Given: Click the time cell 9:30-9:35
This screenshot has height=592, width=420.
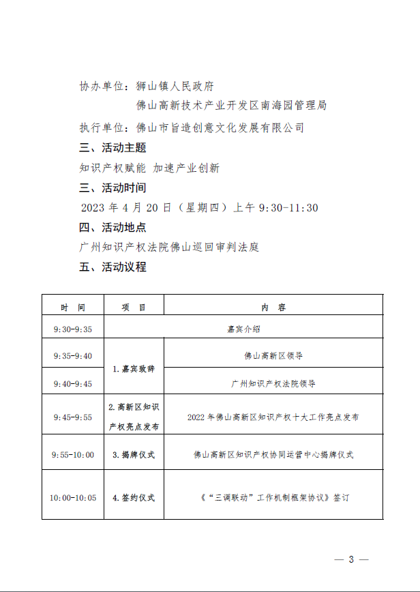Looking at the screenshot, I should [x=72, y=329].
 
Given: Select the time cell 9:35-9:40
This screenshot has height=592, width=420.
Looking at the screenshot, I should [x=72, y=355].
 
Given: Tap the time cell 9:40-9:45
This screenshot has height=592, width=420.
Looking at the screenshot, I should [x=72, y=383].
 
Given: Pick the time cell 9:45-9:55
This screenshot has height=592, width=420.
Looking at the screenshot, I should [x=72, y=417].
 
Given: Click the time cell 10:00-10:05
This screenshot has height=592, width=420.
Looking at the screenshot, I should [x=72, y=497].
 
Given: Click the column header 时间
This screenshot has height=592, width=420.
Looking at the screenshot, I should [x=72, y=307].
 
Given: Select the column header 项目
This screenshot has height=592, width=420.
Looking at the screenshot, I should [x=134, y=307].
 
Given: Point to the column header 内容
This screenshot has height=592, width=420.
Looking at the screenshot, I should [x=273, y=307].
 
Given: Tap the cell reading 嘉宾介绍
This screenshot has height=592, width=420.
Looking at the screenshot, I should [x=243, y=329].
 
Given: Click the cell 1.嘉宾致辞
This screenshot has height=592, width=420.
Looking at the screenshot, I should [x=134, y=369].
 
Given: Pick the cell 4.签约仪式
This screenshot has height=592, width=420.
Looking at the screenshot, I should [x=134, y=497].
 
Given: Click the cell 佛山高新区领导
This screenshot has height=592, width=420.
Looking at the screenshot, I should [x=273, y=355].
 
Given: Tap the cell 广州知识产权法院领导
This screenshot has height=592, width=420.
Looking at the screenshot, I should [x=273, y=383].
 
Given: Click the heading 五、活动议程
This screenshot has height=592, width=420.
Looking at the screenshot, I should [x=113, y=267].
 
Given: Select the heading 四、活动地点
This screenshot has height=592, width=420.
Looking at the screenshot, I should [x=113, y=227].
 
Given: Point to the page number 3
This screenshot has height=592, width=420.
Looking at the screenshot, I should [x=352, y=559].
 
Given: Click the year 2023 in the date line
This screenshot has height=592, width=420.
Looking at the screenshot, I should [x=95, y=208].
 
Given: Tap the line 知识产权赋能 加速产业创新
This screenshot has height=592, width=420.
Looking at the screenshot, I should [x=149, y=168].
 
